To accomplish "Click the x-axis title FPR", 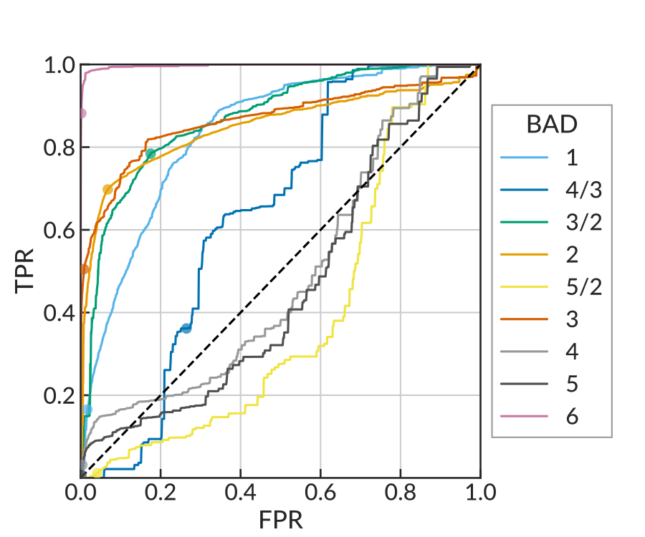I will tap(280, 519).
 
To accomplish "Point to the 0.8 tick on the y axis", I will tap(59, 147).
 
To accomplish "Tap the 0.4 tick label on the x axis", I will tap(240, 493).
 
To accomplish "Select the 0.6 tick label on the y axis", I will tap(59, 231).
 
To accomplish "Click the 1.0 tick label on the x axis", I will tap(479, 493).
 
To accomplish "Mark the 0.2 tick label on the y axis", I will tap(59, 395).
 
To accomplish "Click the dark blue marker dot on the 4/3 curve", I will tap(186, 328).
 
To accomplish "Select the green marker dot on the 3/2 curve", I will tap(150, 153).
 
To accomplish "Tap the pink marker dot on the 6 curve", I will tap(82, 113).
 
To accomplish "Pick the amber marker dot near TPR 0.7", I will tap(107, 189).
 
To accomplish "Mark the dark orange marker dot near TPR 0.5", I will tap(84, 269).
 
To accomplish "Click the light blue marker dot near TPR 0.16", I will tap(87, 410).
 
